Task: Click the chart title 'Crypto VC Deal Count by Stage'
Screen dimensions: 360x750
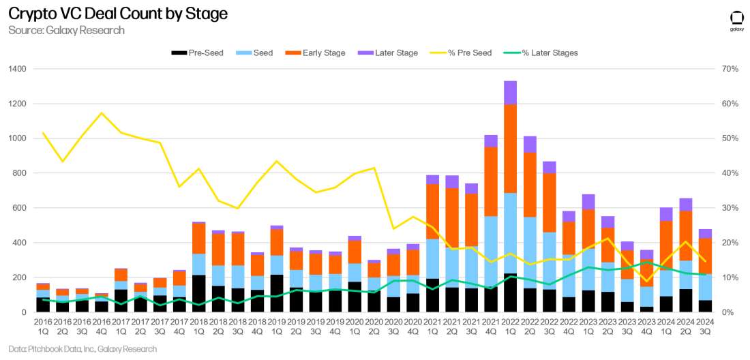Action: click(x=117, y=14)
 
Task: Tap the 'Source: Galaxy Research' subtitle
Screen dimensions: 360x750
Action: click(x=66, y=31)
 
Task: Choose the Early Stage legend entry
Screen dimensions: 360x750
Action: click(x=320, y=53)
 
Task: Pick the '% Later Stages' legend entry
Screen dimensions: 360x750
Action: click(x=542, y=53)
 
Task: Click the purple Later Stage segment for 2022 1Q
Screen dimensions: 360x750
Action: click(x=511, y=92)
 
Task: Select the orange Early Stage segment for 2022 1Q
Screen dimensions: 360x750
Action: click(x=511, y=149)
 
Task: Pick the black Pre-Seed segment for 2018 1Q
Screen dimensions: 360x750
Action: click(x=199, y=293)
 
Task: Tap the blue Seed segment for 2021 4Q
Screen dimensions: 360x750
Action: click(x=491, y=252)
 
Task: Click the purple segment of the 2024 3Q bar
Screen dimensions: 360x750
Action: click(x=706, y=233)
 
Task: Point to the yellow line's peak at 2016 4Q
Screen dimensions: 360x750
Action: click(x=102, y=113)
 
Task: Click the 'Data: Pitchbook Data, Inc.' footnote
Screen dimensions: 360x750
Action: click(x=82, y=349)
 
